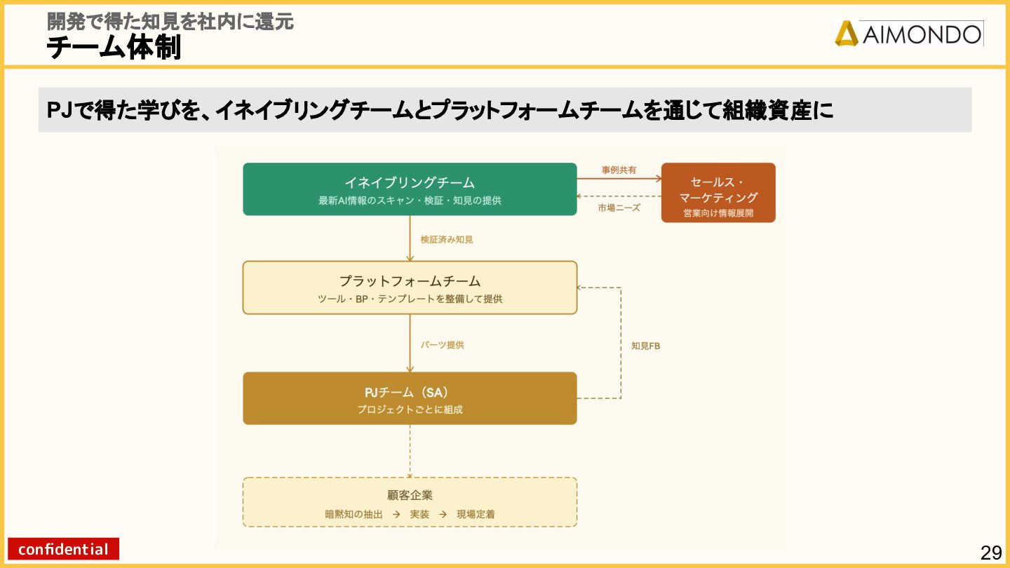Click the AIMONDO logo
point(908,33)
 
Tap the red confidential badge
point(63,549)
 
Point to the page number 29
point(991,553)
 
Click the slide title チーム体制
point(114,48)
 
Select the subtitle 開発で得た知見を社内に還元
point(170,21)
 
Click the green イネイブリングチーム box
point(410,189)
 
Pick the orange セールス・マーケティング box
point(718,192)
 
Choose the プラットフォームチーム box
point(410,288)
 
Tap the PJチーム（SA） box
point(410,398)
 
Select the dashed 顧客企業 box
point(410,502)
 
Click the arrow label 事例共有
point(619,170)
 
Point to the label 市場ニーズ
point(619,208)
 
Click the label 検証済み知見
point(447,239)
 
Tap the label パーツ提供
point(442,345)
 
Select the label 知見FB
point(645,346)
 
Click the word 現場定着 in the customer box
point(476,514)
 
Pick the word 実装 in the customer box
point(419,514)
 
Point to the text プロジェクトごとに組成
point(410,410)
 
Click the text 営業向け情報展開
point(718,213)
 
